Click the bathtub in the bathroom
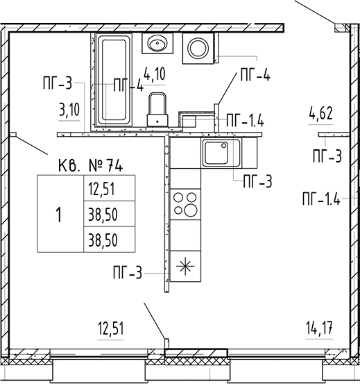114,80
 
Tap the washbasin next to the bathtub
157,43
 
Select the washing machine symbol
198,48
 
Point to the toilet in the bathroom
157,109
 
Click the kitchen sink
221,153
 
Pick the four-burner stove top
185,204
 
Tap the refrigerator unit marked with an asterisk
185,266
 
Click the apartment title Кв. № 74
90,165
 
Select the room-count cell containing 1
60,214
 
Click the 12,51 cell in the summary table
109,188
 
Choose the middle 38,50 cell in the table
109,214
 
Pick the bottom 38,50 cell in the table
109,240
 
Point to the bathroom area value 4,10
155,74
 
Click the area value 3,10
69,110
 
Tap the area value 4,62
320,114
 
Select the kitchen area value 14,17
319,328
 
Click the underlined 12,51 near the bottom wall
110,328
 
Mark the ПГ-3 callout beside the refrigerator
128,273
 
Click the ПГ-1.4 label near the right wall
321,199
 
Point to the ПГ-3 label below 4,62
327,156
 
